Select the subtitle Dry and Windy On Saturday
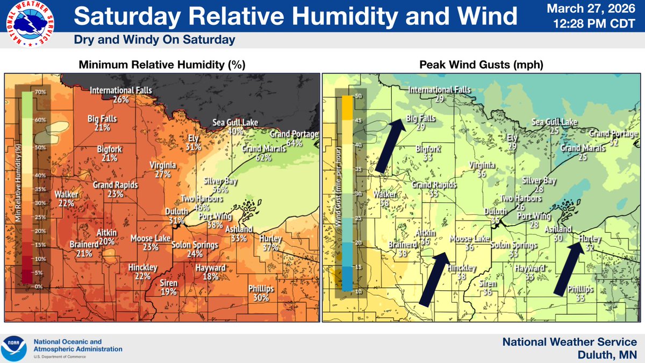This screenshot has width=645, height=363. (x=154, y=40)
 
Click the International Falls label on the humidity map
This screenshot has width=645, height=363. (x=121, y=90)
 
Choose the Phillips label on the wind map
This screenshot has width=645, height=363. (x=580, y=289)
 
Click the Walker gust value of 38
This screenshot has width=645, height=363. (x=385, y=203)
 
